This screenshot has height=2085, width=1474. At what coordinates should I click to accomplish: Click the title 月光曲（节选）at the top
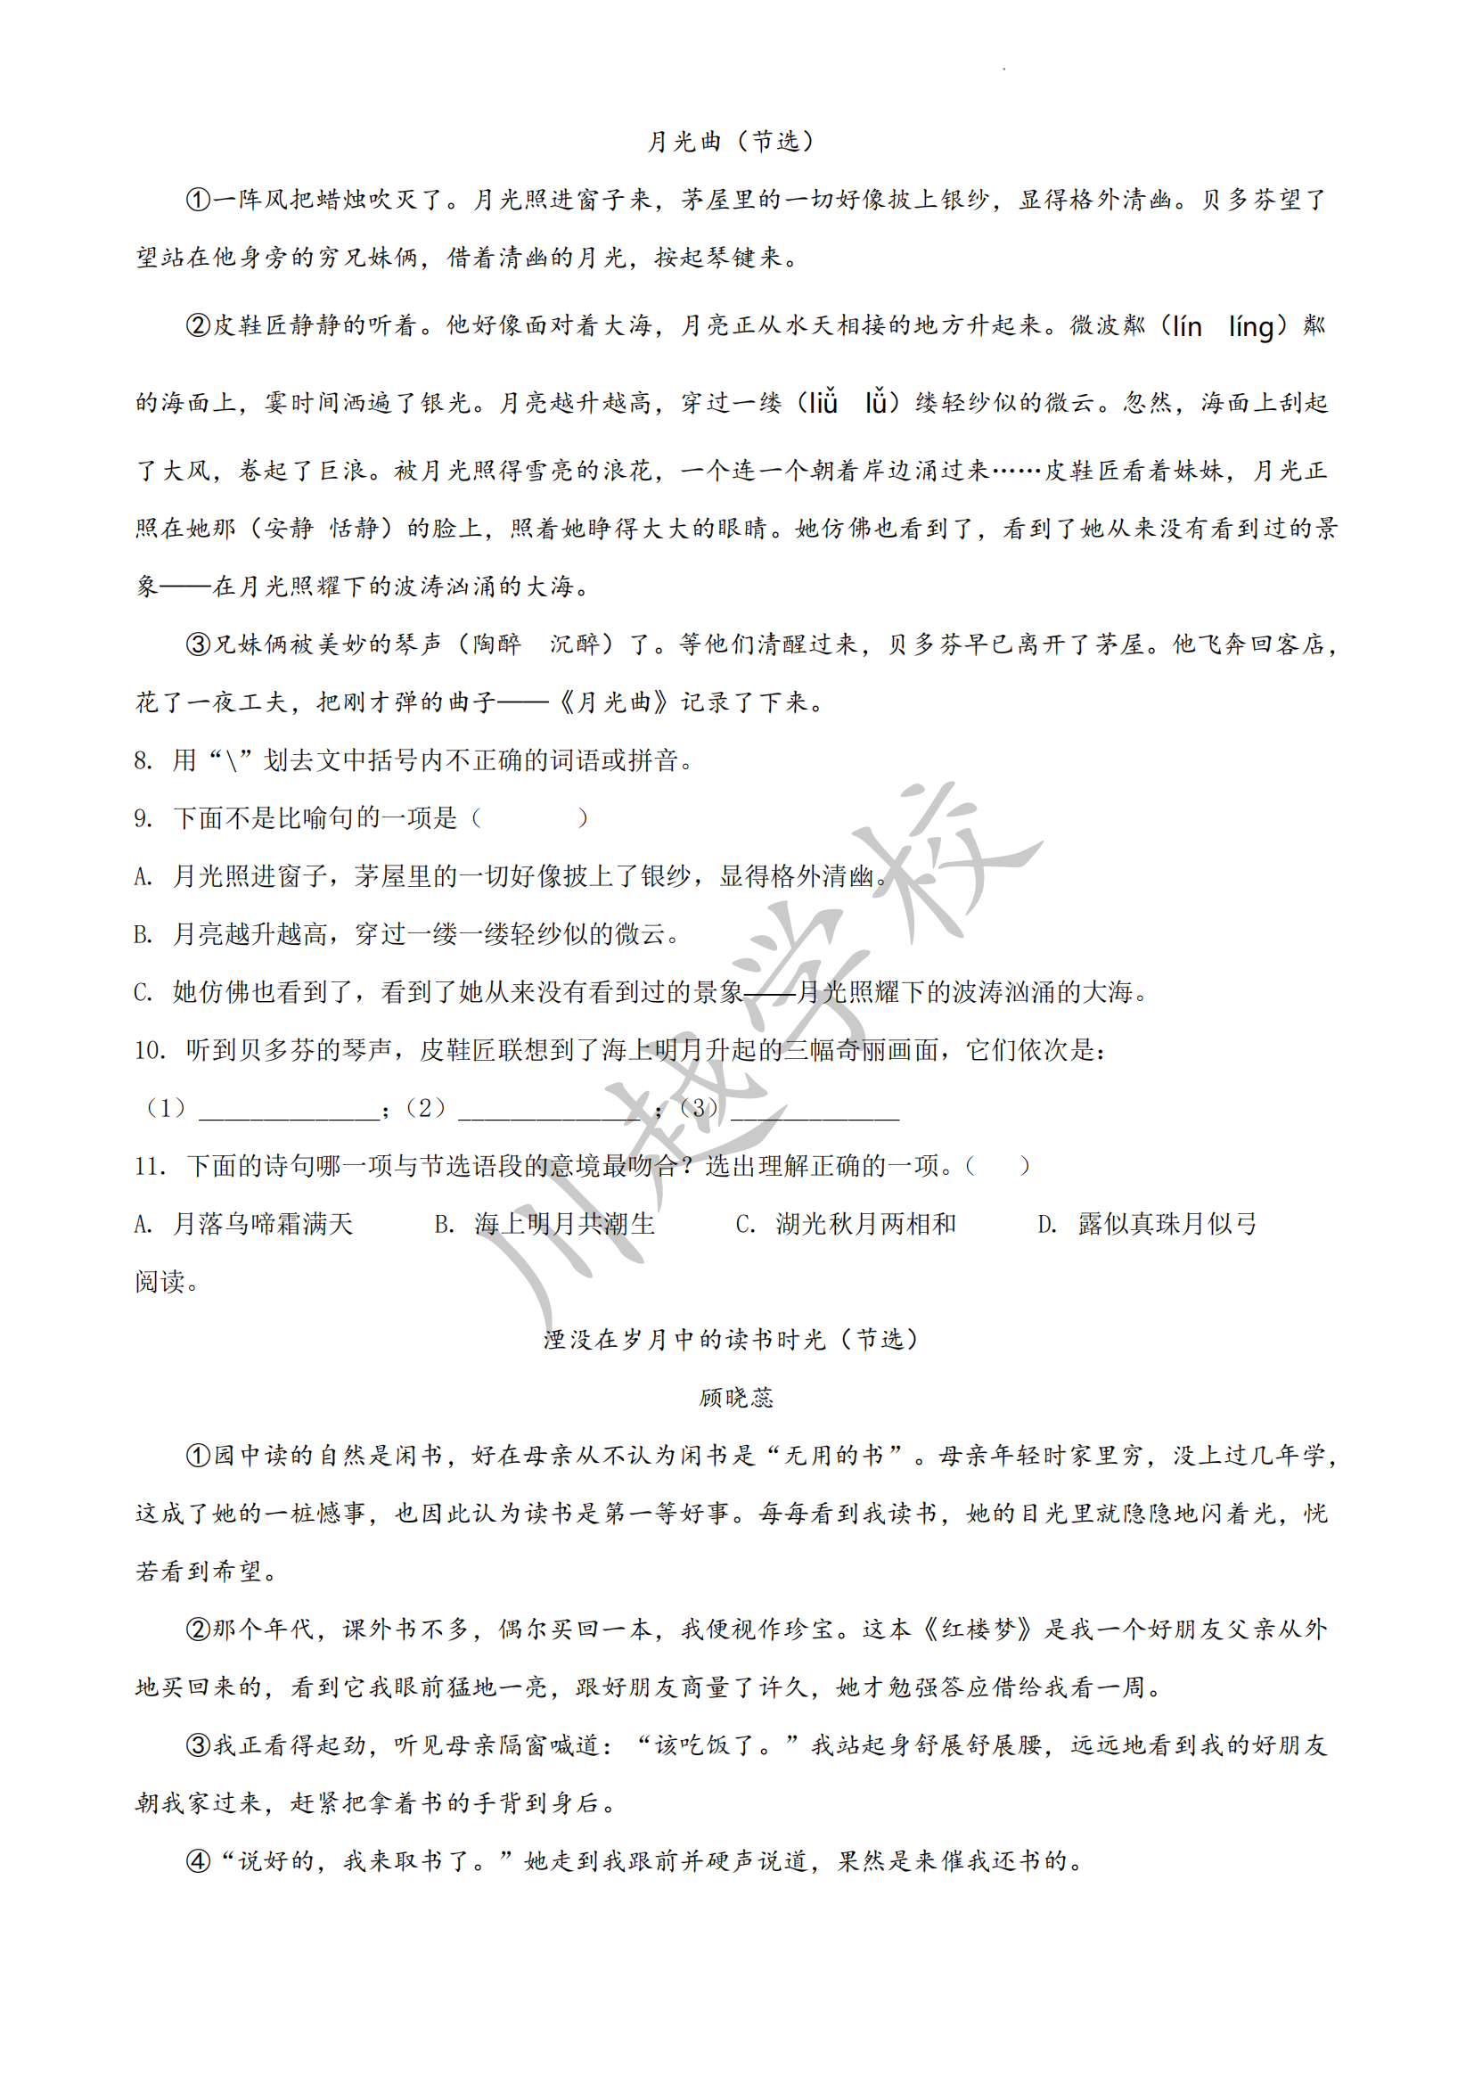732,142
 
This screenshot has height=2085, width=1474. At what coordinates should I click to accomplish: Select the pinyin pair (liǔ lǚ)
848,402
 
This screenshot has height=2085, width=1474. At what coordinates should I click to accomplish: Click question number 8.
143,761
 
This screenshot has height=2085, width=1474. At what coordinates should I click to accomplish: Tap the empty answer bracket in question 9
530,819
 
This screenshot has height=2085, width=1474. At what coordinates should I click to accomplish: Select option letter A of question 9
143,877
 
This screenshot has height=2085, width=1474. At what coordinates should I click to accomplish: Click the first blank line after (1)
289,1110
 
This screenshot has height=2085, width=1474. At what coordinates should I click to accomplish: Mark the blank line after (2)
549,1110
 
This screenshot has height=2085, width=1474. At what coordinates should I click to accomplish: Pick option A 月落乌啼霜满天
262,1224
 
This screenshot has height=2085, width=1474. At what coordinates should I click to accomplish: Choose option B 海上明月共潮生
563,1224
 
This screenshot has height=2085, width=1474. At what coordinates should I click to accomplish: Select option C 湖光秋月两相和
865,1224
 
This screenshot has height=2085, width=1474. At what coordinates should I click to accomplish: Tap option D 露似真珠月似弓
1167,1224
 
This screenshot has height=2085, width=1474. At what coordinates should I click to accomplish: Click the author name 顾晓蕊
736,1398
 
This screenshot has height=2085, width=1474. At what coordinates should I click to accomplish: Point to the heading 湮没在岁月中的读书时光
686,1340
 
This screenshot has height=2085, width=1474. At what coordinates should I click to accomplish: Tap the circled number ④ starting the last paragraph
198,1860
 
